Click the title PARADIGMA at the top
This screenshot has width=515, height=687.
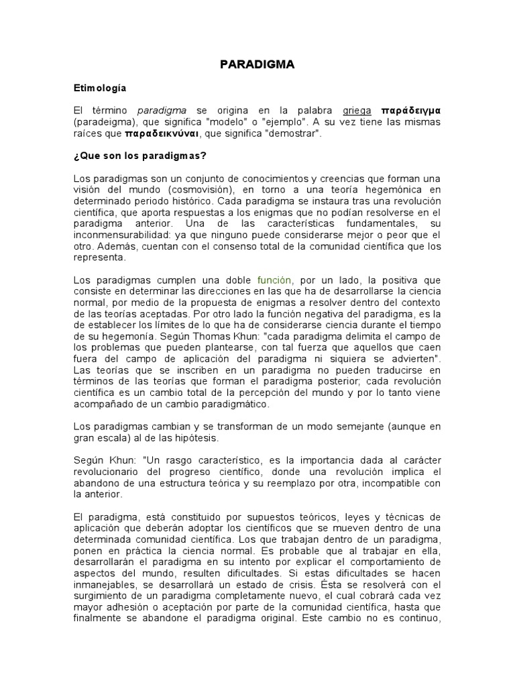[x=257, y=64]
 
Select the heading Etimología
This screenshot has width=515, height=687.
[x=99, y=88]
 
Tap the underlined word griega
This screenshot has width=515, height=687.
[x=357, y=111]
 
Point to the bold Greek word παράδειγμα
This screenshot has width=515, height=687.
[x=410, y=111]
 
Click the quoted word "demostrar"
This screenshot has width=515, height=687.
[x=294, y=134]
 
